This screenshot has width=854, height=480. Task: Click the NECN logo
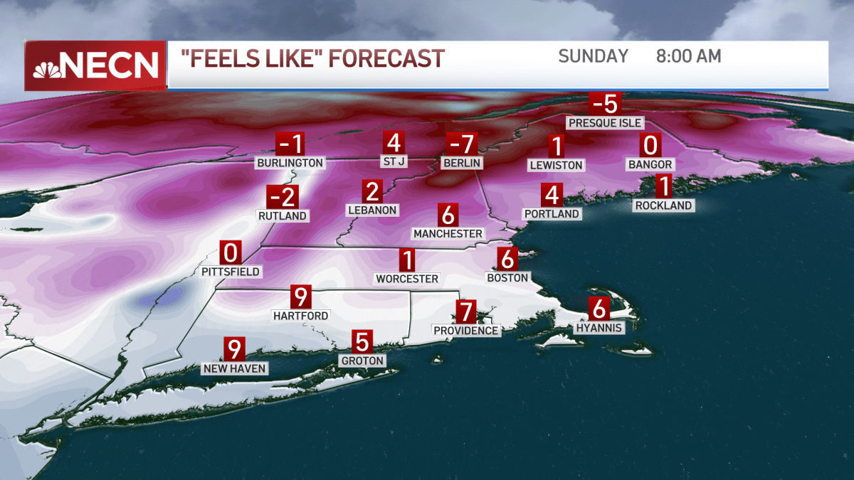point(95,65)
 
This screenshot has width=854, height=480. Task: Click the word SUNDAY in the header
point(594,56)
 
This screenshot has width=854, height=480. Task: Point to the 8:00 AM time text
point(688,56)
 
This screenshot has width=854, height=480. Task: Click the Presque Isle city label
point(605,123)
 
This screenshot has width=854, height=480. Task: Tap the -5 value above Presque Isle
point(605,105)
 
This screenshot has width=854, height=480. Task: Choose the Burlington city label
point(290,163)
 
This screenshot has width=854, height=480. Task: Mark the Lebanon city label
point(372,210)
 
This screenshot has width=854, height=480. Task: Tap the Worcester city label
point(407,278)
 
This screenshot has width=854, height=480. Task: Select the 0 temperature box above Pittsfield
point(230,253)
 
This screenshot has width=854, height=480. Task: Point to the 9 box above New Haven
point(234,349)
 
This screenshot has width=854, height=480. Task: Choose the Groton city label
point(362,361)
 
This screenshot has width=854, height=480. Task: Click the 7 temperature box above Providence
point(465,311)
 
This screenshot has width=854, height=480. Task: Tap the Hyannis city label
point(600,328)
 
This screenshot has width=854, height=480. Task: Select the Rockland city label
point(663,206)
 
